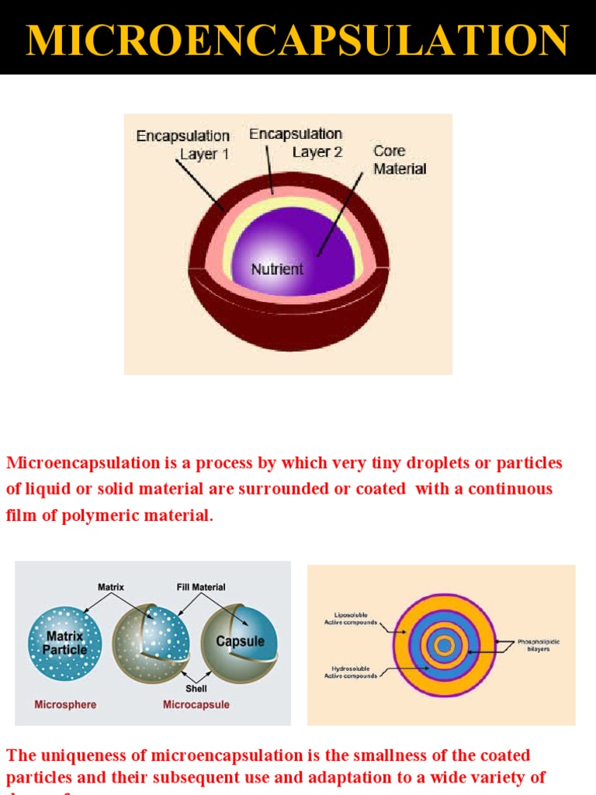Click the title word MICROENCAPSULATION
click(x=297, y=40)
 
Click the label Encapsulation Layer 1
click(x=184, y=144)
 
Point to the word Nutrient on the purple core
click(x=277, y=269)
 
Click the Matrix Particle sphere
click(x=65, y=643)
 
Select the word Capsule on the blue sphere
click(x=240, y=641)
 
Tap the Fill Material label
click(x=201, y=588)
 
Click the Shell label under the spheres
click(x=196, y=688)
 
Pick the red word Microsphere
click(x=65, y=705)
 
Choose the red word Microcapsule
click(x=196, y=705)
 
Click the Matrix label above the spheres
click(x=111, y=588)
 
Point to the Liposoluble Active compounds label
click(x=351, y=619)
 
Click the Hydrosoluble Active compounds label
click(x=351, y=672)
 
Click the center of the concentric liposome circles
click(x=444, y=645)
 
